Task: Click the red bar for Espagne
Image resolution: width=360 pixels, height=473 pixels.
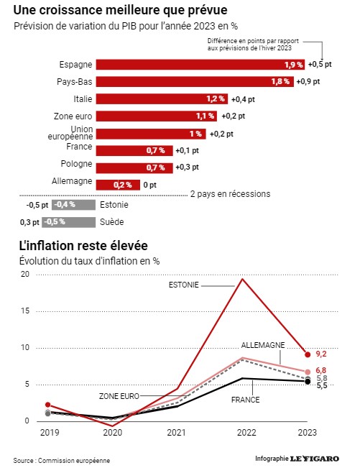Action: point(200,65)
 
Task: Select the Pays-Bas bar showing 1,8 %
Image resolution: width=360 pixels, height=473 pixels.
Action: point(195,82)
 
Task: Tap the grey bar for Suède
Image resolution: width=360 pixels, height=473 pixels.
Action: point(69,222)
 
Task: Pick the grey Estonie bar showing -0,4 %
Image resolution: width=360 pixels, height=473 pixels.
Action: point(73,205)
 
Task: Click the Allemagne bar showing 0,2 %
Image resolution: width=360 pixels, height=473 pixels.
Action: point(118,185)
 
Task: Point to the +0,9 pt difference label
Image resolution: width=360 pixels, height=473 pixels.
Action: point(308,82)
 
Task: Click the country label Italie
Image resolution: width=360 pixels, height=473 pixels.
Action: point(83,99)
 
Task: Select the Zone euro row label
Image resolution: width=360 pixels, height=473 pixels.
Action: point(73,116)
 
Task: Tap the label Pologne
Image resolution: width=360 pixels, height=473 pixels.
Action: point(77,163)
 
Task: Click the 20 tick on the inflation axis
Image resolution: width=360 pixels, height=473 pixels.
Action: point(25,274)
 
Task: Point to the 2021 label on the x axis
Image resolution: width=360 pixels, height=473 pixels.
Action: point(176,433)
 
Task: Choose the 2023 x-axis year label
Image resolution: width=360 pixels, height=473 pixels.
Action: point(308,433)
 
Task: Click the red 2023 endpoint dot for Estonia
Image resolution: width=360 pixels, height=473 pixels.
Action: point(308,354)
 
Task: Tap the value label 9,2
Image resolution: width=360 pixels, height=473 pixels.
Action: point(321,354)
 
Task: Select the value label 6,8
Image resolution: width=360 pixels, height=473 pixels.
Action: point(321,370)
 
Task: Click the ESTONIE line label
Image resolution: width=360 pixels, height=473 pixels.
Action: point(184,285)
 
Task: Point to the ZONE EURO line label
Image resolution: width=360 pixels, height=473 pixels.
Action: point(119,396)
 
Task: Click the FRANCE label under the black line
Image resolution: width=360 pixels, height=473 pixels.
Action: point(246,400)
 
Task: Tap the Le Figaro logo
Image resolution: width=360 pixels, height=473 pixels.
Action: point(315,459)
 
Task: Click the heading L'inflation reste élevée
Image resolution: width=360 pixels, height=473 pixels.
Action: point(83,246)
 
